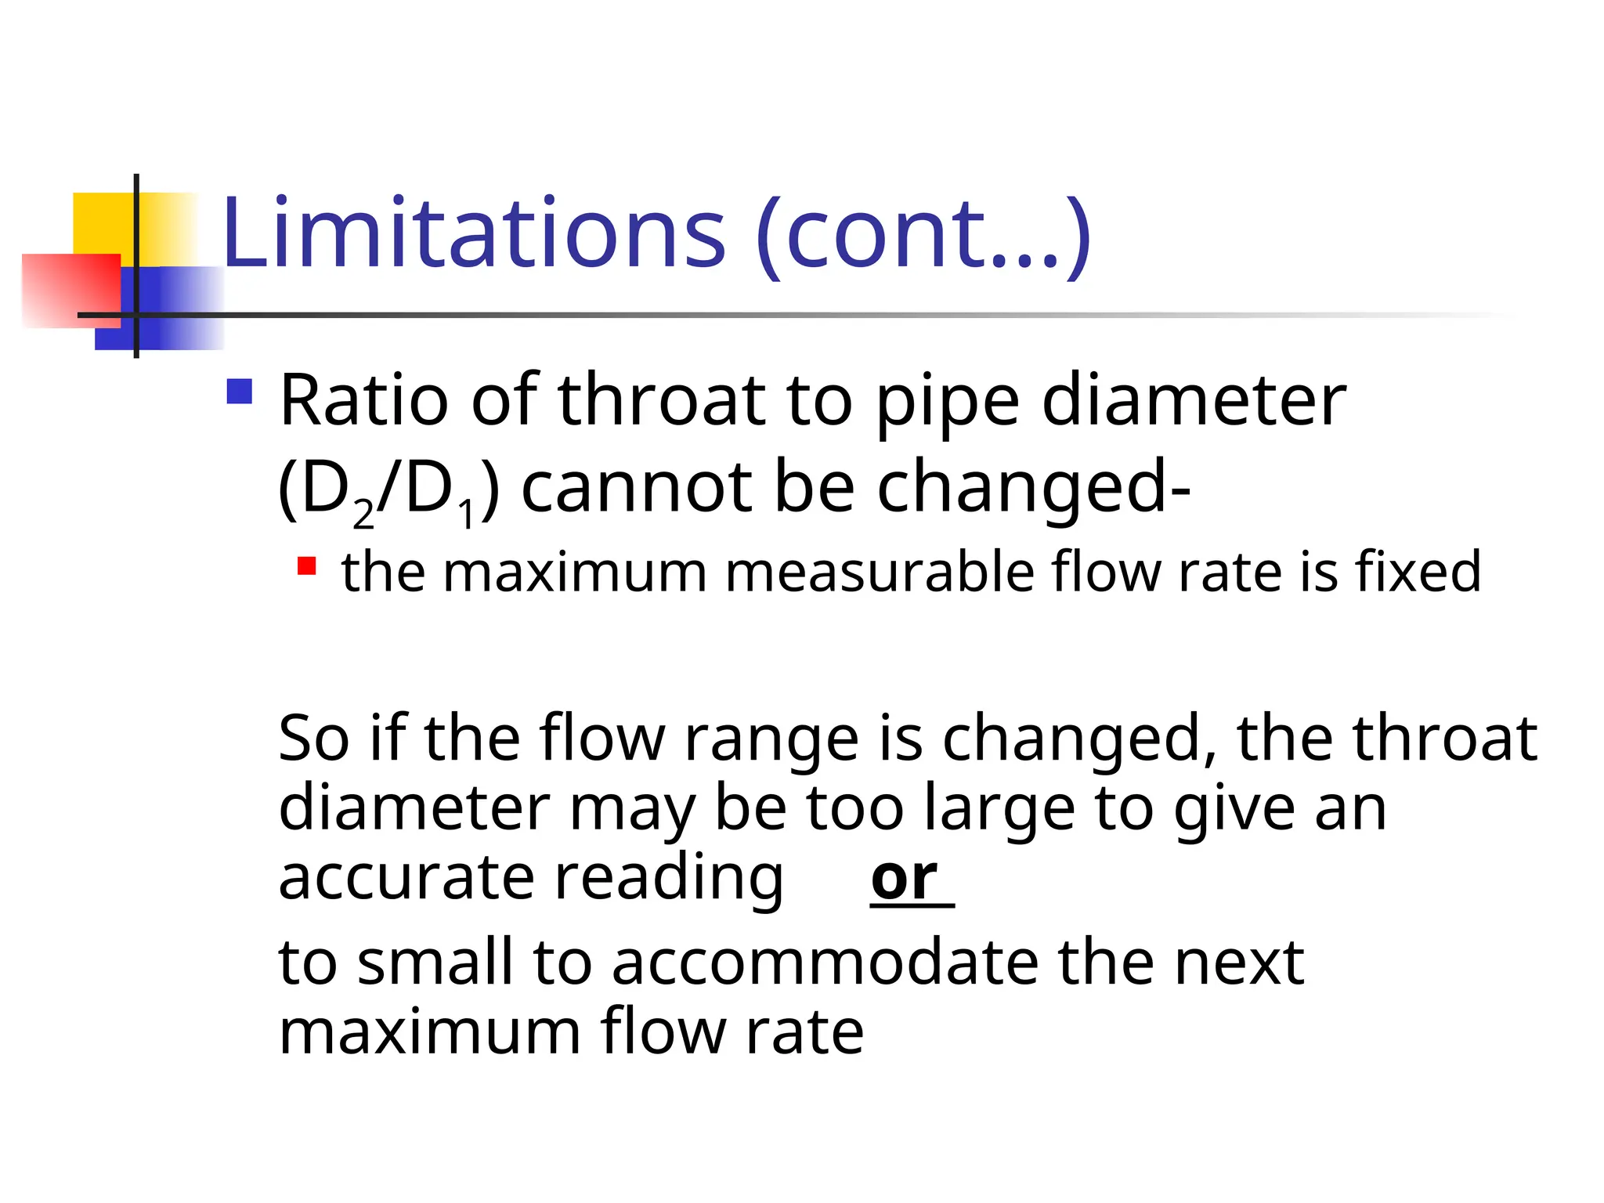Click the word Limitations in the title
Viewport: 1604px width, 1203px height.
474,233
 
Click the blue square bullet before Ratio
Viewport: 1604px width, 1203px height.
240,392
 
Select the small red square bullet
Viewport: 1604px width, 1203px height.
306,565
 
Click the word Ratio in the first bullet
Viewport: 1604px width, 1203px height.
363,400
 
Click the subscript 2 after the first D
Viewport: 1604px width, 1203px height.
363,515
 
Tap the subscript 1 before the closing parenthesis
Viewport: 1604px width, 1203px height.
467,515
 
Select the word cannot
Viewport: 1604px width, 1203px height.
637,487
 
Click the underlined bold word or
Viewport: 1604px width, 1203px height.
905,878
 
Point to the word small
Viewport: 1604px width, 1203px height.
435,962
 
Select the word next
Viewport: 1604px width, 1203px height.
1238,963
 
